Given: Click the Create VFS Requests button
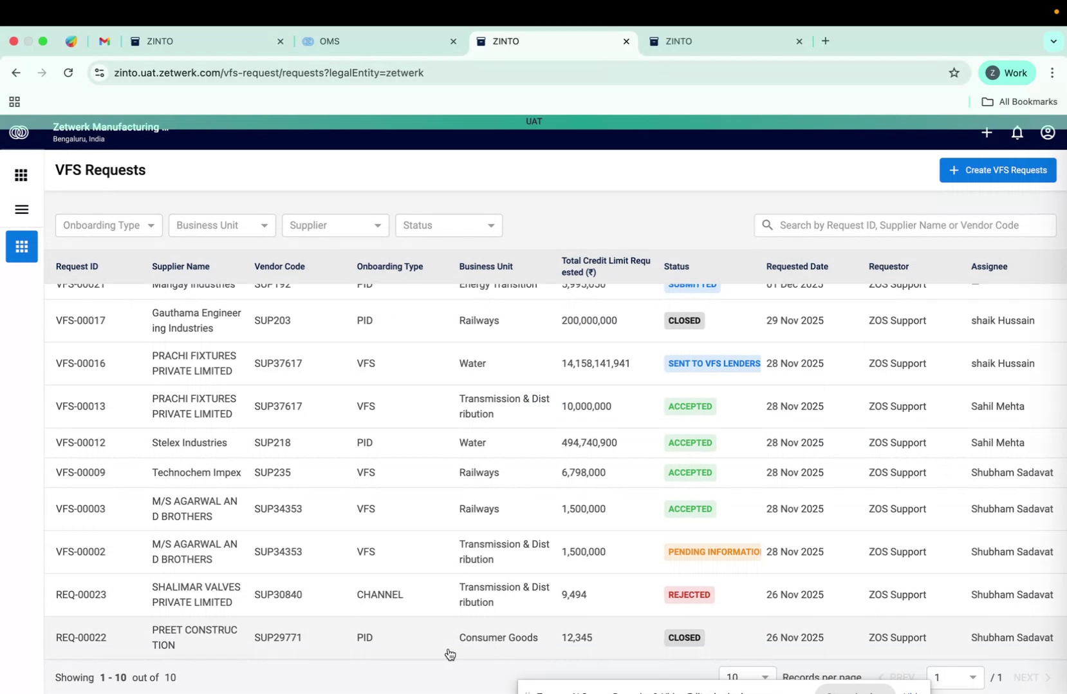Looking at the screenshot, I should click(x=997, y=170).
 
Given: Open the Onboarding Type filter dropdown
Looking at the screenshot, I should click(x=109, y=225).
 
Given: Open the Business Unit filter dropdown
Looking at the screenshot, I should click(x=222, y=225).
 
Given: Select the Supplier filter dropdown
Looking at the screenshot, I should click(x=335, y=225).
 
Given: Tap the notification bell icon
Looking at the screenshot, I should click(x=1017, y=133).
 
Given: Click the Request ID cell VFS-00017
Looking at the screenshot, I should click(x=80, y=321).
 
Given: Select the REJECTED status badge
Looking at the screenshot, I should click(x=689, y=595).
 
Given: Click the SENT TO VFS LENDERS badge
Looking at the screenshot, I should click(x=713, y=364).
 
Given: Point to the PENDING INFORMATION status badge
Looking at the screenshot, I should click(x=713, y=552).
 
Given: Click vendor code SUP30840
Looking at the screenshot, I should click(x=278, y=595).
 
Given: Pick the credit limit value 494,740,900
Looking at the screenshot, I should click(x=589, y=443).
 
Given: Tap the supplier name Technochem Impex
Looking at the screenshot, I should click(x=196, y=473).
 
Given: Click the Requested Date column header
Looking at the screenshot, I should click(x=797, y=267).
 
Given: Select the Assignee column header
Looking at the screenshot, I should click(x=988, y=267).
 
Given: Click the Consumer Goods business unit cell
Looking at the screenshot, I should click(x=498, y=637).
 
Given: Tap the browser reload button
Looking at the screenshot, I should click(x=68, y=73).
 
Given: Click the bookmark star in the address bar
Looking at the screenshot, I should click(x=954, y=73).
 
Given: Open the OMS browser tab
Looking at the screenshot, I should click(x=376, y=41).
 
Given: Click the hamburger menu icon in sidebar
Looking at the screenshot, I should click(x=21, y=209).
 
